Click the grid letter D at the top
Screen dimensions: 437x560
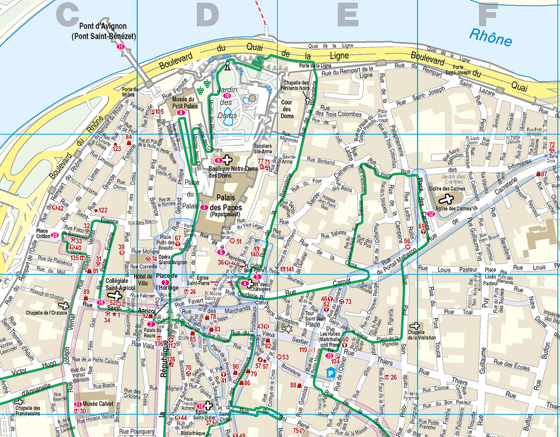[x=207, y=15]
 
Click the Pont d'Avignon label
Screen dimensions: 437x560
[x=103, y=31]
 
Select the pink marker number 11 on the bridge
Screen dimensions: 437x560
[x=120, y=47]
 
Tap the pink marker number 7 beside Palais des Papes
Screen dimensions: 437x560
[x=204, y=207]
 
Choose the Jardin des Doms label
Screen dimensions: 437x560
[x=226, y=101]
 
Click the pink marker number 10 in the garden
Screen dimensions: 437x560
[x=226, y=97]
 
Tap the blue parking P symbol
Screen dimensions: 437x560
[x=331, y=373]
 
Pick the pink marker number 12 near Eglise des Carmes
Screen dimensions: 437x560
[x=432, y=214]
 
